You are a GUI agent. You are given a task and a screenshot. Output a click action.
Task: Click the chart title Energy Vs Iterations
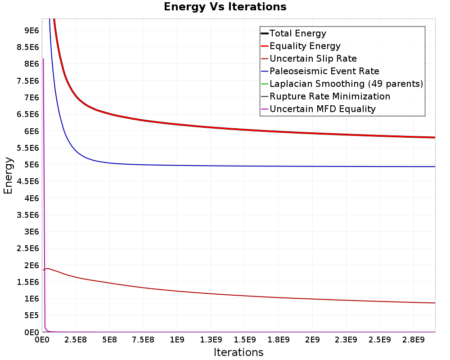click(225, 7)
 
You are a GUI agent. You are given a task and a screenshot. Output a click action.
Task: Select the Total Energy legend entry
click(297, 33)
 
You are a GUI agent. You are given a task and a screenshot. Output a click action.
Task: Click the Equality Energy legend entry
click(305, 46)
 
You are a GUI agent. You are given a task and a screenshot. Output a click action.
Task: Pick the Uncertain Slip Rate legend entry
click(313, 58)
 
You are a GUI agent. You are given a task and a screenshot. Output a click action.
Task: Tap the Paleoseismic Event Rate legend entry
click(324, 71)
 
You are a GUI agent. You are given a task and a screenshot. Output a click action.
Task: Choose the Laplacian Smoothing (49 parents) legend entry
click(346, 84)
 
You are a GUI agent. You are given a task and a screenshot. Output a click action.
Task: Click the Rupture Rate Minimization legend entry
click(330, 96)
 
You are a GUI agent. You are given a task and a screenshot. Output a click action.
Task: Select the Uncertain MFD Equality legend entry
click(322, 109)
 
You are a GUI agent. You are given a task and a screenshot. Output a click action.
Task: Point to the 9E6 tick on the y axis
click(32, 30)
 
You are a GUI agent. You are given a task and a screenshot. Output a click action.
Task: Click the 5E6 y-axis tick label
click(32, 165)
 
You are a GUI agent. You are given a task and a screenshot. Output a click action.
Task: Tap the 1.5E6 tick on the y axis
click(29, 282)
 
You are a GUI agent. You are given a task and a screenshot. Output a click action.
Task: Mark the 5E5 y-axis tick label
click(32, 315)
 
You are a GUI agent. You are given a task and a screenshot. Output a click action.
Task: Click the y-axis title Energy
click(8, 175)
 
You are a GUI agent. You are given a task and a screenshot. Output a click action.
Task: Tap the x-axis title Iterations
click(238, 352)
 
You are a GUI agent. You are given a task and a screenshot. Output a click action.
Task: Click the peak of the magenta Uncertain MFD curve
click(43, 58)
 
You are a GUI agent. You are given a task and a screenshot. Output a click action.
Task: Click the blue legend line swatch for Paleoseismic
click(264, 71)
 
